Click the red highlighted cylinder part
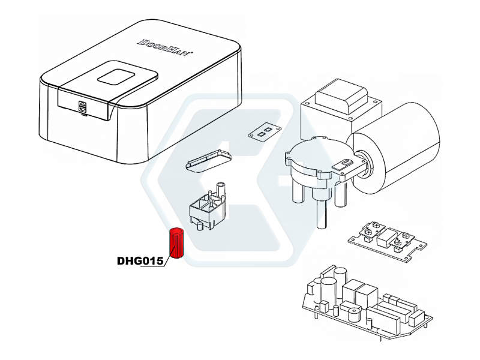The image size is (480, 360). [x=176, y=243]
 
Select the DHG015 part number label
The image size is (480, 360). [x=140, y=261]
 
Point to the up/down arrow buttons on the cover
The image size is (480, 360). [x=83, y=106]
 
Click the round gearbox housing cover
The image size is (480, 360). [x=319, y=158]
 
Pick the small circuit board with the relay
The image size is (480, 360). [x=388, y=241]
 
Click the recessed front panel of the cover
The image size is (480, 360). [x=83, y=104]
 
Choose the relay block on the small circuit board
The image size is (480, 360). [x=385, y=237]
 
